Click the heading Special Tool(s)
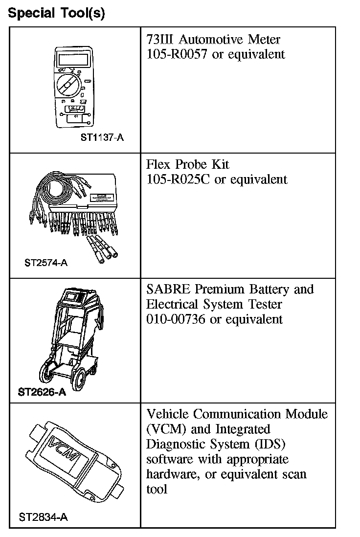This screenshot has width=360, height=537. (x=56, y=13)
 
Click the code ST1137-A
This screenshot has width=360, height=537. (x=102, y=137)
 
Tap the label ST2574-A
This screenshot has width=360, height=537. (x=46, y=263)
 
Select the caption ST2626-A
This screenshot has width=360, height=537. (x=42, y=392)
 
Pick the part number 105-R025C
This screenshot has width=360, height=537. (x=179, y=179)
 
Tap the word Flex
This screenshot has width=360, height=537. (x=157, y=164)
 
